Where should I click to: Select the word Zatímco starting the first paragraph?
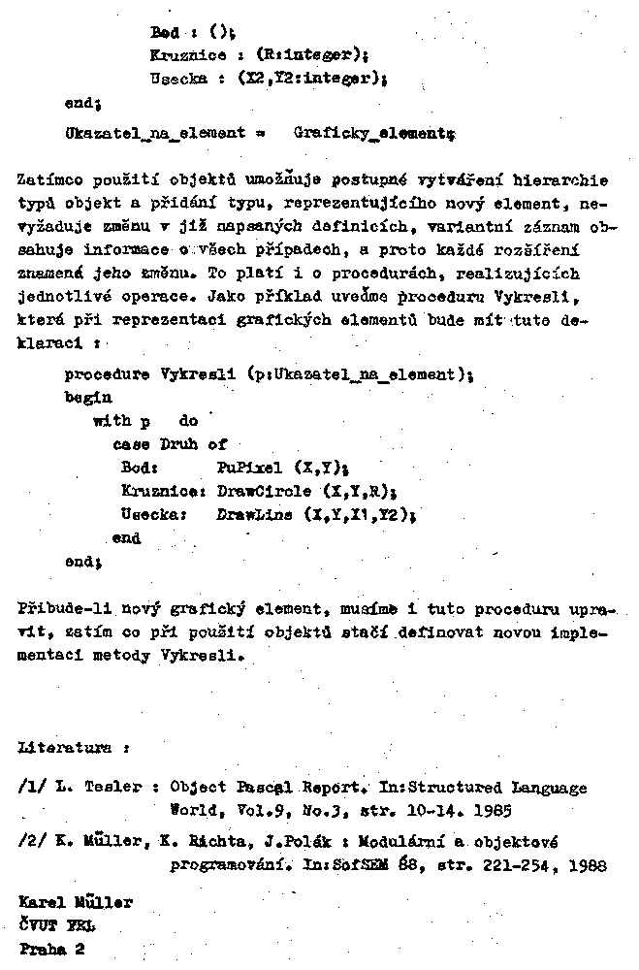tap(49, 180)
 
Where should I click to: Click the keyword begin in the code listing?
tap(88, 397)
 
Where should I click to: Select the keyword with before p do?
tap(110, 421)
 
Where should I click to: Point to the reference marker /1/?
tap(34, 787)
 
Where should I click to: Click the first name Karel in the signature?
tap(41, 902)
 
